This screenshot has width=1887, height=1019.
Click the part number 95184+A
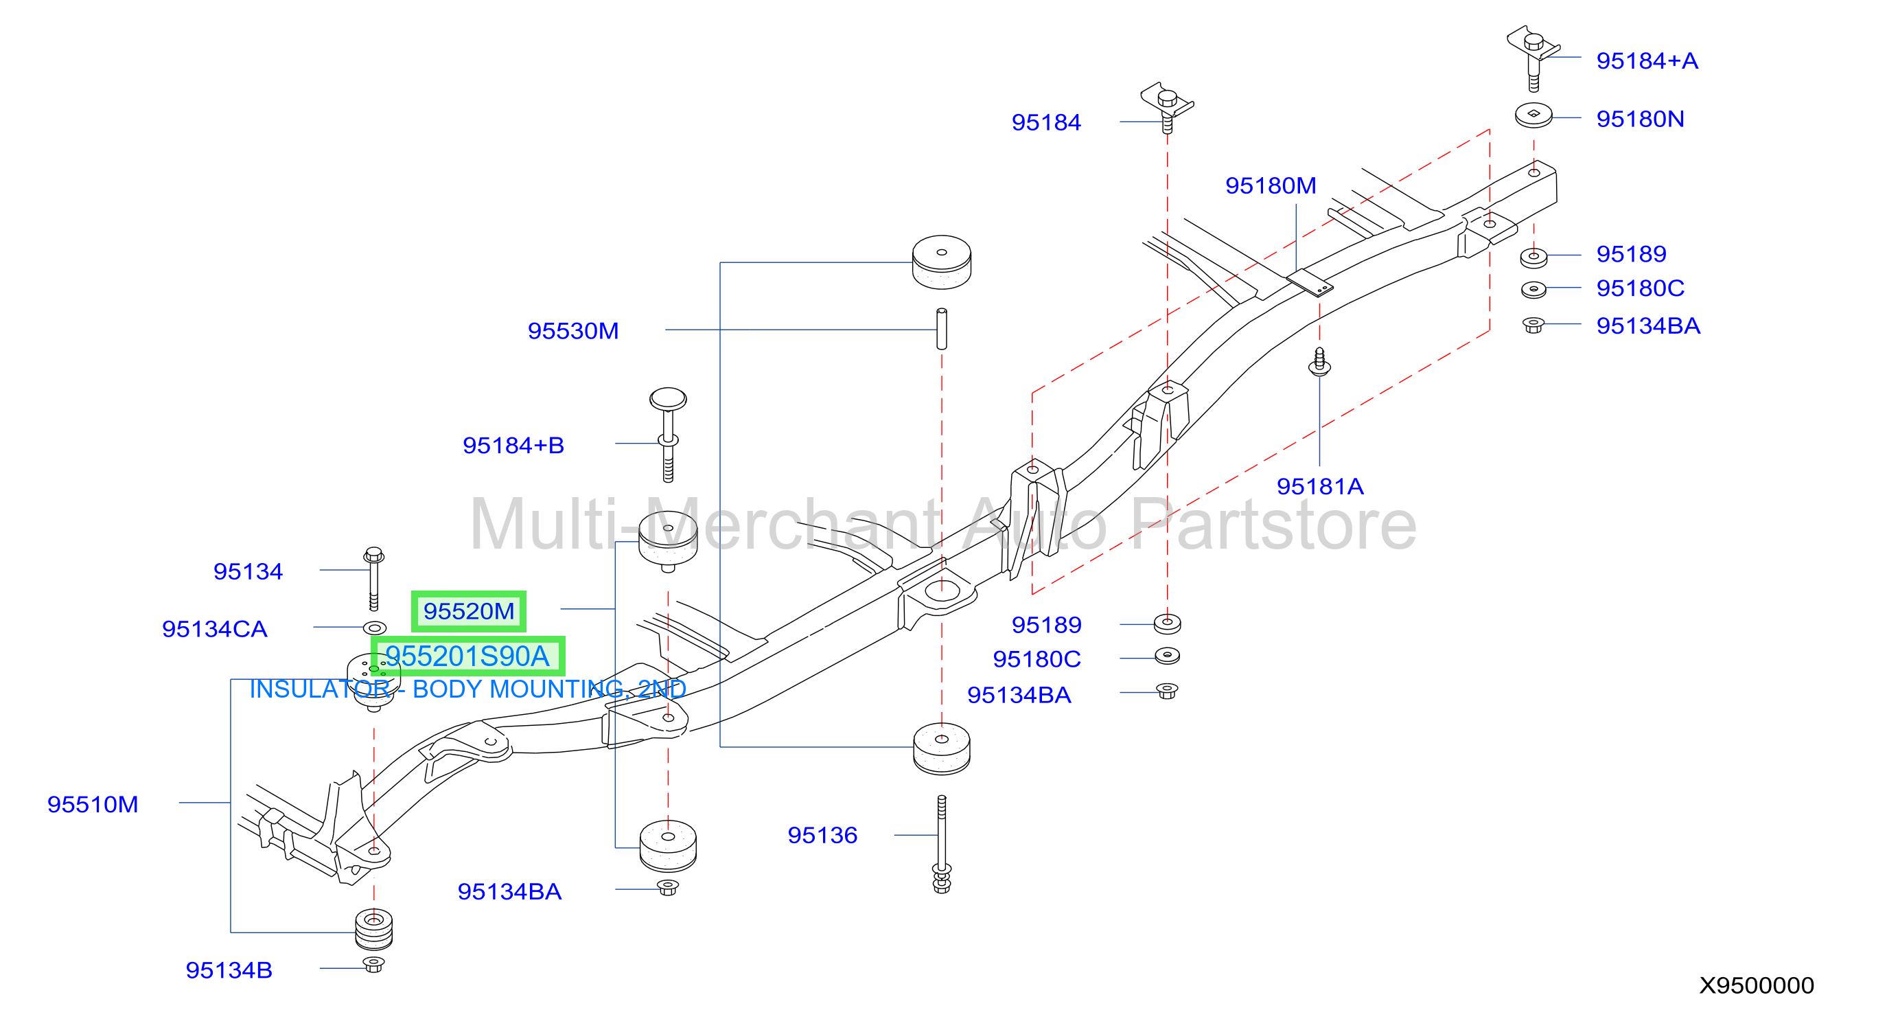pos(1647,61)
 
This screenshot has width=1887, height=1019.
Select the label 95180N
pos(1640,119)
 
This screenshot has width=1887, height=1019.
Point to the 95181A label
pos(1320,486)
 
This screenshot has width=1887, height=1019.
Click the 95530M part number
pos(573,331)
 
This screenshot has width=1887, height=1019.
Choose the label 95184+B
pos(513,446)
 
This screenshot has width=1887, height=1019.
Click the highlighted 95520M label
pos(469,611)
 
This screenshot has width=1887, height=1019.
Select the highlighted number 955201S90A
pos(467,656)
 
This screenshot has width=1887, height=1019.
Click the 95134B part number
pos(229,970)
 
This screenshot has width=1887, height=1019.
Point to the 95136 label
pos(822,835)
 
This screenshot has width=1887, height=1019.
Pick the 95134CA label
pos(215,629)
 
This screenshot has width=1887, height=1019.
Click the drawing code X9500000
pos(1757,985)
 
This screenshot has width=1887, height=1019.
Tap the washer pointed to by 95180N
pos(1533,115)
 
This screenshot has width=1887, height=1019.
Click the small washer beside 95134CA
pos(374,628)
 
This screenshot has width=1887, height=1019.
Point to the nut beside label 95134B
pos(373,964)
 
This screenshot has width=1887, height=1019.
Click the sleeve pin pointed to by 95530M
pos(942,329)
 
